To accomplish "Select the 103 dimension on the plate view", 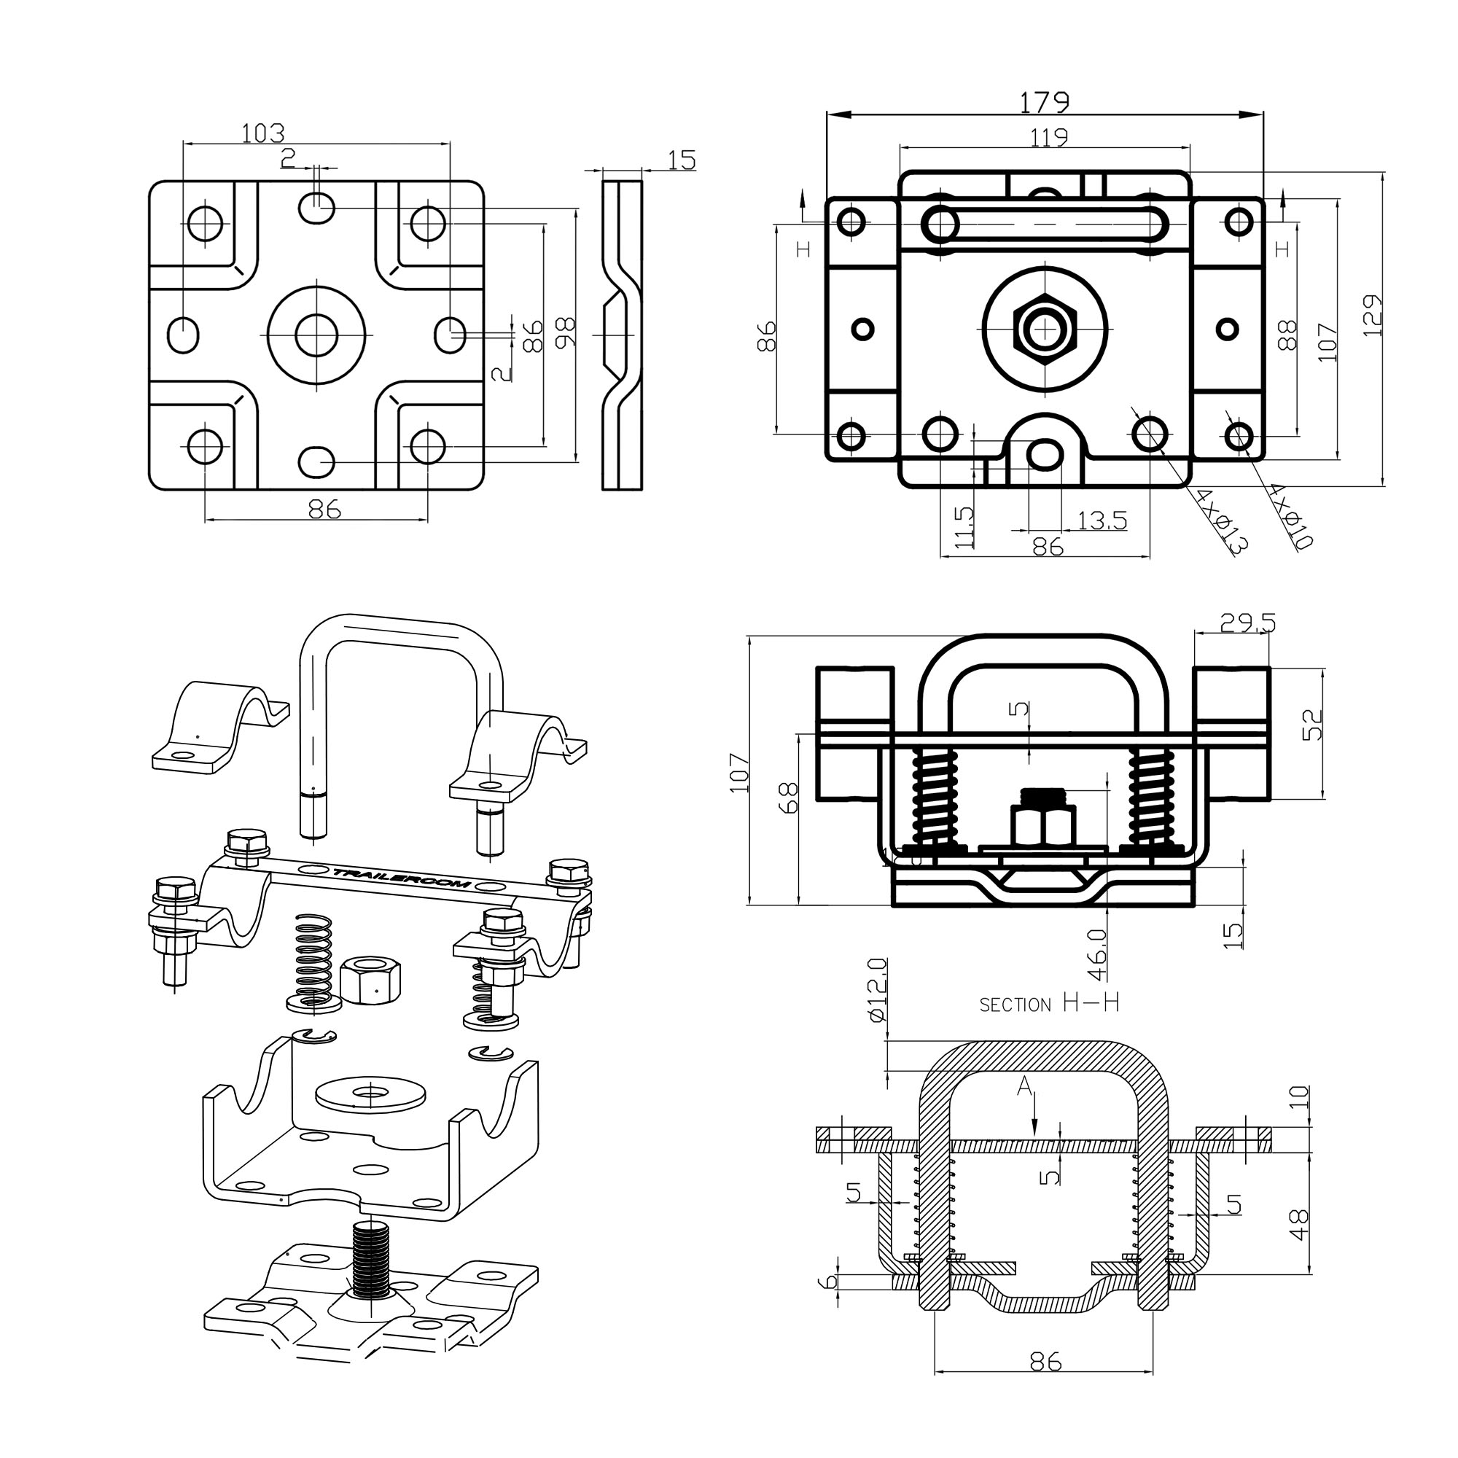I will coord(262,133).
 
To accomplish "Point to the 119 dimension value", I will coord(1049,137).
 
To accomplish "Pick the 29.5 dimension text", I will coord(1247,623).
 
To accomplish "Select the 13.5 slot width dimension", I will coord(1102,520).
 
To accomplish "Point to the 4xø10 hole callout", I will coord(1291,516).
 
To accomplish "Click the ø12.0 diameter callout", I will coord(877,989).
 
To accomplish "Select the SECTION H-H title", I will coord(1048,1003).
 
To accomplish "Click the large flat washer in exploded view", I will coord(370,1093).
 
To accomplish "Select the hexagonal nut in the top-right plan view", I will coord(1045,329).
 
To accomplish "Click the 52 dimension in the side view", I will coord(1313,725).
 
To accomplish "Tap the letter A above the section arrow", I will coord(1024,1086).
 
